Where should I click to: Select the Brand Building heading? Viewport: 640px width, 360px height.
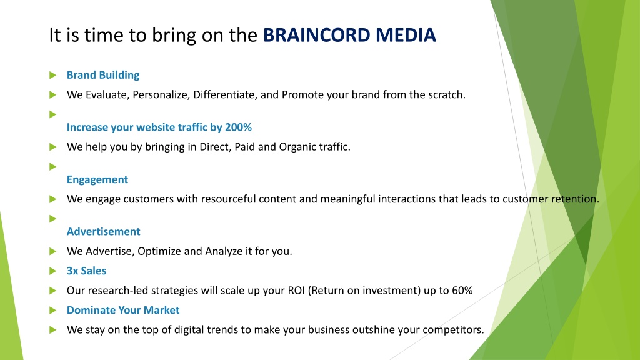tap(103, 75)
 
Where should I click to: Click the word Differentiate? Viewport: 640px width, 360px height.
tap(225, 95)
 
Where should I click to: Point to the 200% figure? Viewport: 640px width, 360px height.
tap(238, 127)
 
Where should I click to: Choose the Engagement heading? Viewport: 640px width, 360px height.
tap(97, 179)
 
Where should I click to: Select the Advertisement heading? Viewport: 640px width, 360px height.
tap(104, 231)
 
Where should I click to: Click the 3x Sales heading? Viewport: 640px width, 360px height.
tap(86, 271)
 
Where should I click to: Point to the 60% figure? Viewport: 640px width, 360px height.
tap(462, 291)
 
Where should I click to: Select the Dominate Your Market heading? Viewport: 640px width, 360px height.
tap(123, 310)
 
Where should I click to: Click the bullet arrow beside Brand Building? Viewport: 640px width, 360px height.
tap(52, 75)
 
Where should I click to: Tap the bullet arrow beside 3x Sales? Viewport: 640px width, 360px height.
tap(52, 271)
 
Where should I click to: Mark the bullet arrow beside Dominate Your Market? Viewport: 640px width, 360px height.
tap(52, 310)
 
